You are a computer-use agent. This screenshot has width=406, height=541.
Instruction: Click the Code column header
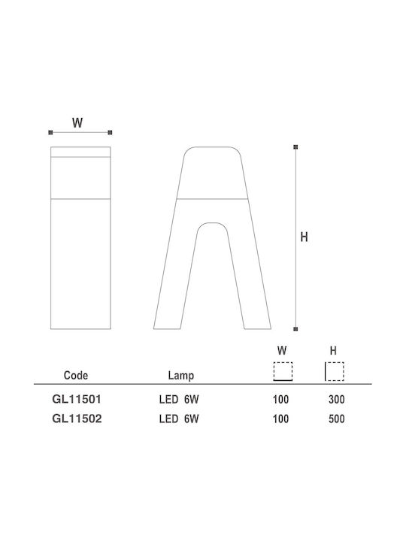pyautogui.click(x=76, y=376)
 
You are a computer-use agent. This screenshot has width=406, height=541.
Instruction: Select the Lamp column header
pyautogui.click(x=181, y=376)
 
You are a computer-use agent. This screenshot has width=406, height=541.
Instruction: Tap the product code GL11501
pyautogui.click(x=77, y=399)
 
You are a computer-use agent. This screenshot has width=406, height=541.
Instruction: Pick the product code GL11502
pyautogui.click(x=77, y=419)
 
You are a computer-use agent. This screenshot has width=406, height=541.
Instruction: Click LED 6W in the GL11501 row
pyautogui.click(x=179, y=400)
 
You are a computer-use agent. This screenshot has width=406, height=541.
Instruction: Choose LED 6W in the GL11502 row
pyautogui.click(x=179, y=419)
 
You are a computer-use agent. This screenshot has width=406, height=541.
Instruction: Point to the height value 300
pyautogui.click(x=336, y=400)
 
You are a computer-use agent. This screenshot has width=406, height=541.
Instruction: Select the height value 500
pyautogui.click(x=336, y=419)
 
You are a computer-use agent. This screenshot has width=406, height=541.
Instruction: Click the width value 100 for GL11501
pyautogui.click(x=280, y=400)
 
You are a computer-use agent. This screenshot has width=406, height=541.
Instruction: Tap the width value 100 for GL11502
pyautogui.click(x=280, y=419)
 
